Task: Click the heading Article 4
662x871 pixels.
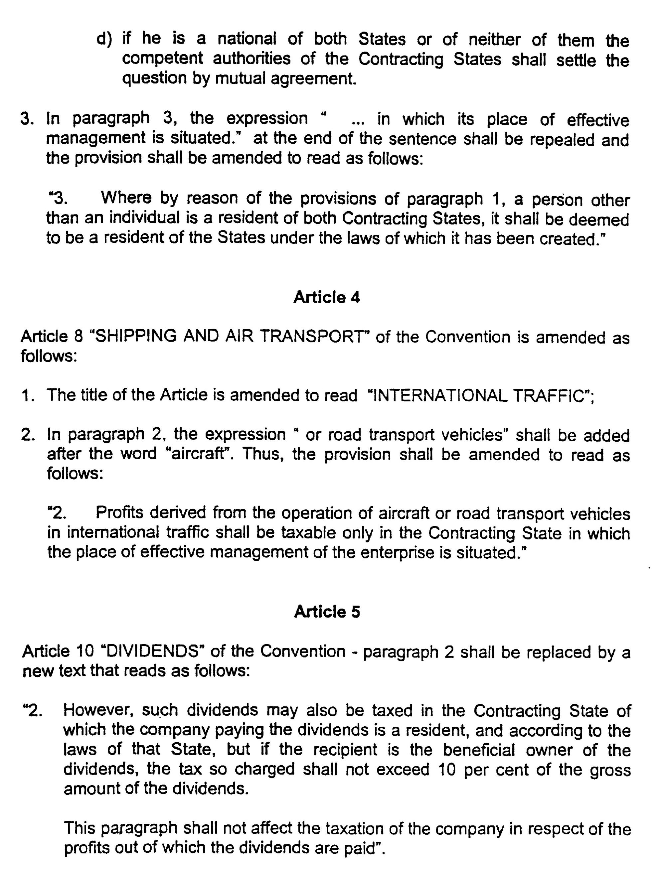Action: click(327, 297)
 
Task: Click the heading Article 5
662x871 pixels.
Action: click(327, 612)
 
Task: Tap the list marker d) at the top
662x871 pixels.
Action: click(104, 39)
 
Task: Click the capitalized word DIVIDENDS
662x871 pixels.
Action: click(152, 652)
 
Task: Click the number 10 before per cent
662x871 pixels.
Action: click(446, 769)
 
